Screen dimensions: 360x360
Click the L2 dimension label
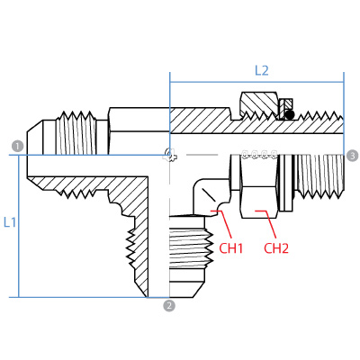tap(261, 69)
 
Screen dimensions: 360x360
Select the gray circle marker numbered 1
tap(16, 146)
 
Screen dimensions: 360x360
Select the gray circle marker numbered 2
tap(168, 305)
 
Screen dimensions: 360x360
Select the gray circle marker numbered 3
tap(352, 156)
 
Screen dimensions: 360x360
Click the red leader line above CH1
tap(218, 221)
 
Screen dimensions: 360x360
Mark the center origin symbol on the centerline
tap(169, 155)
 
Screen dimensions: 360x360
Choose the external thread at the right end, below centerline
tap(320, 175)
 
